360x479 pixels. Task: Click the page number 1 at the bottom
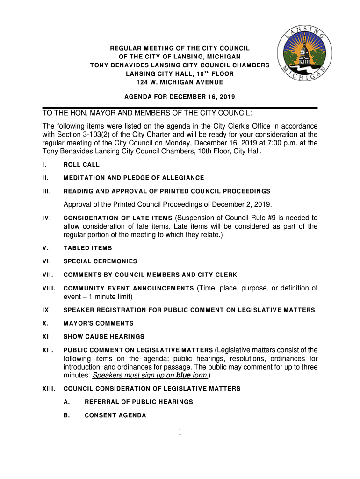180,432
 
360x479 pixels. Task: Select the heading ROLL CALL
81,165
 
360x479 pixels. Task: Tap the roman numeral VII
47,275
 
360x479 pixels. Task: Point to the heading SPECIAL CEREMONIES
100,261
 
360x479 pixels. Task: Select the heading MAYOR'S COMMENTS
98,323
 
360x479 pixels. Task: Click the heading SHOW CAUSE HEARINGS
104,336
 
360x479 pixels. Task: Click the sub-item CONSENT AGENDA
115,415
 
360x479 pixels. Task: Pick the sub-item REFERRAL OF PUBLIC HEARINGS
138,402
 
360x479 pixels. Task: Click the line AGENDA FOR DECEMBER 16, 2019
180,97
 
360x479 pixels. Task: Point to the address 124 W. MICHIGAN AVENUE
180,82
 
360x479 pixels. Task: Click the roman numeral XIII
49,389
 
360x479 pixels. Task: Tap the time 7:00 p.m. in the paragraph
293,143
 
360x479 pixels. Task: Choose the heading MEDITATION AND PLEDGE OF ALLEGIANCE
134,178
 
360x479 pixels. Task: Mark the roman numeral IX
46,310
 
